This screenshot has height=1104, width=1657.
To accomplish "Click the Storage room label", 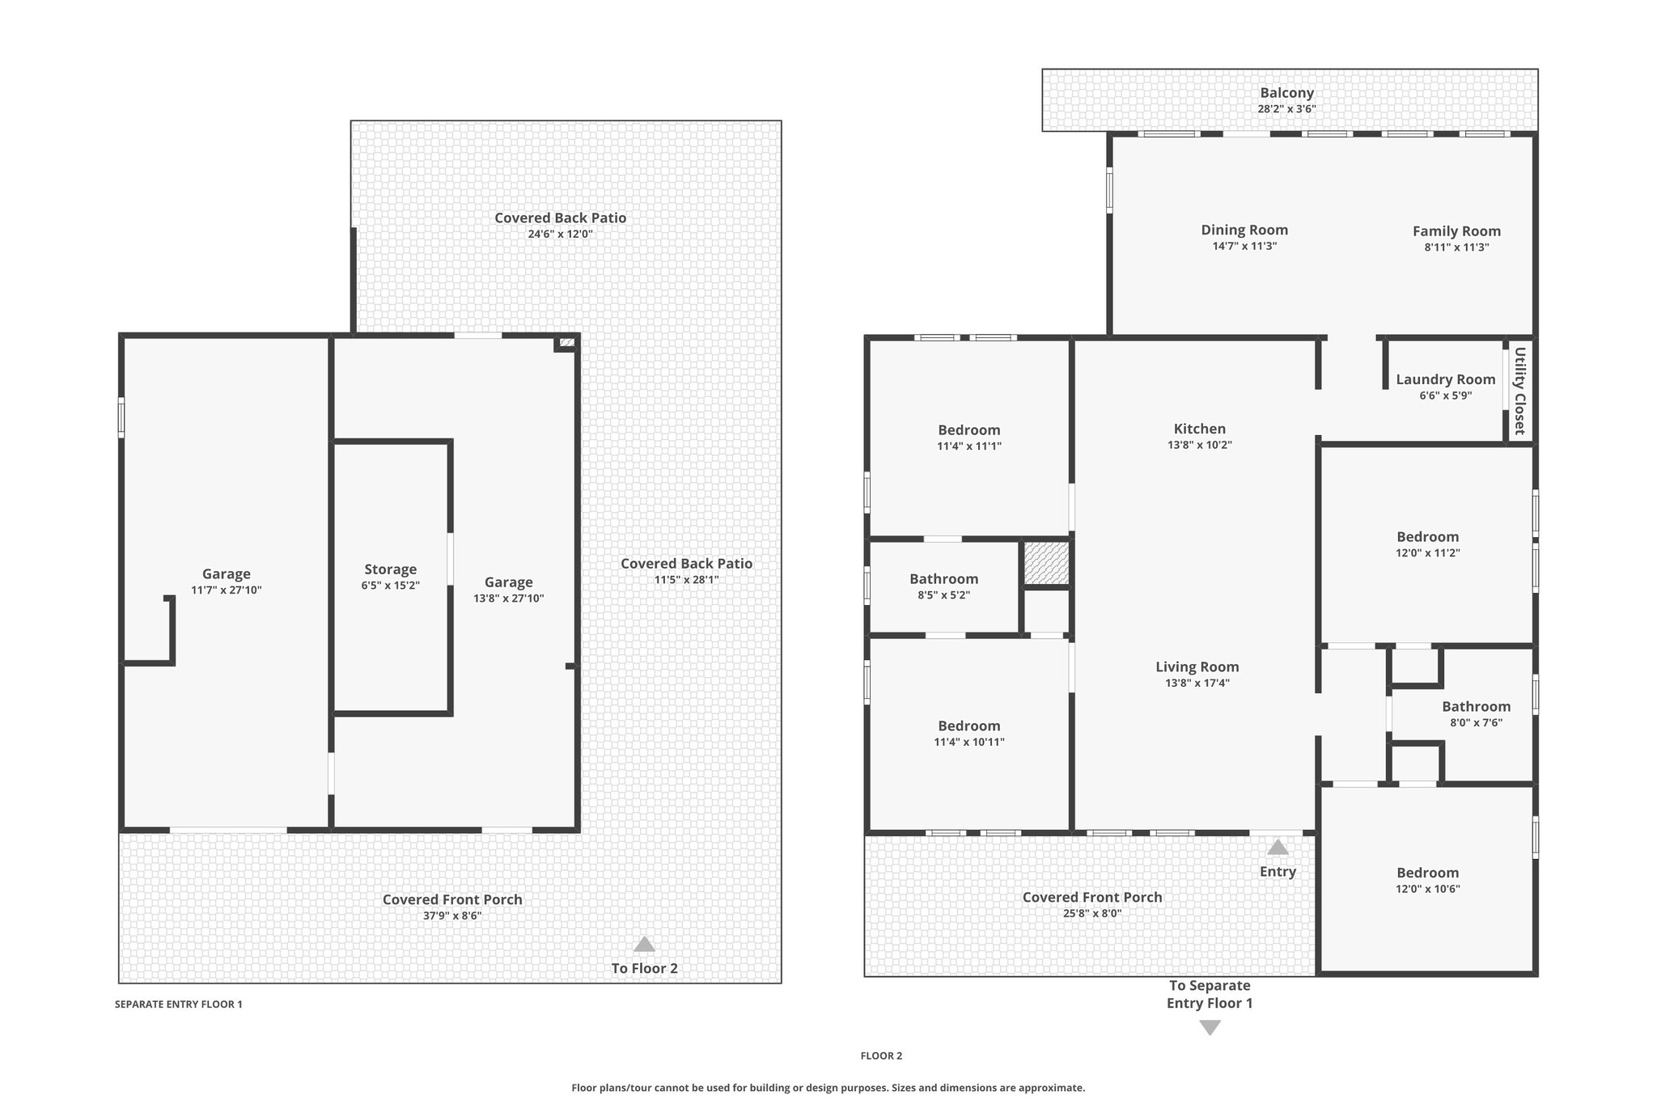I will click(390, 569).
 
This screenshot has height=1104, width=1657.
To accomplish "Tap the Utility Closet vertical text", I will click(1519, 391).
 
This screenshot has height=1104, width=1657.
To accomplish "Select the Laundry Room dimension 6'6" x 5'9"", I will click(1445, 395).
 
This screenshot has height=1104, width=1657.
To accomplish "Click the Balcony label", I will click(1286, 93).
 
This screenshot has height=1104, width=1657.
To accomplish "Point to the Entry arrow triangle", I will click(1278, 847).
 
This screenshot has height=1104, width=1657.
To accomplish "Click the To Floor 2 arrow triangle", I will click(644, 944).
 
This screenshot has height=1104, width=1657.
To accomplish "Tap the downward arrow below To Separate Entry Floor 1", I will click(1210, 1028).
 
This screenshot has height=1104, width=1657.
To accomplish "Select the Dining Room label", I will click(1244, 230).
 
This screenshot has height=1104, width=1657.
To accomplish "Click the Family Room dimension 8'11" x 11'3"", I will click(1456, 247).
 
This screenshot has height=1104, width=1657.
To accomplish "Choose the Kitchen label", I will click(1199, 429).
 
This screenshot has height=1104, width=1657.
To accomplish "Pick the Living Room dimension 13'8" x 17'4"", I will click(1197, 683).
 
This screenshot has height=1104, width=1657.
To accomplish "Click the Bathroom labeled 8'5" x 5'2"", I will click(943, 579).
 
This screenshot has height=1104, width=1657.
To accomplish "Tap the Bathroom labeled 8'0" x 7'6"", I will click(1476, 707).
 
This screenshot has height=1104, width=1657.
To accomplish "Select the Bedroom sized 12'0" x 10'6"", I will click(1427, 873).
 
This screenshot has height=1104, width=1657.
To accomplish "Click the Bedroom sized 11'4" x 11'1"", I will click(968, 430).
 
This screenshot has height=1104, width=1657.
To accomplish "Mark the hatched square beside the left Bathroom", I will click(1046, 563).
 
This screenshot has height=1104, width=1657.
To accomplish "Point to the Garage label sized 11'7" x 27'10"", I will click(226, 574).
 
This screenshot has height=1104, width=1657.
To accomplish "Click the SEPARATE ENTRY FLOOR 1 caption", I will click(178, 1005).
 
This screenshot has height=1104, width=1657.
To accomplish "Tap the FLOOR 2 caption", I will click(881, 1055).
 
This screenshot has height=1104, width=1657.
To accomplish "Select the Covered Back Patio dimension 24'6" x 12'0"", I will click(560, 235).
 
